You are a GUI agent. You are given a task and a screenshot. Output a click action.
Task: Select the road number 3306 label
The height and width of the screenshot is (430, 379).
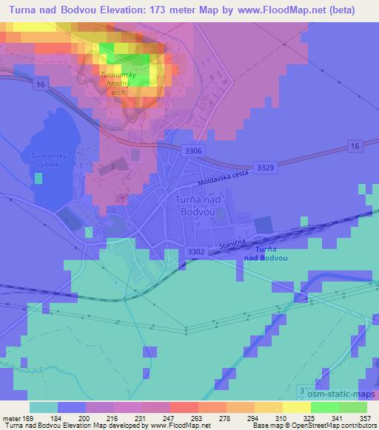pyautogui.click(x=194, y=151)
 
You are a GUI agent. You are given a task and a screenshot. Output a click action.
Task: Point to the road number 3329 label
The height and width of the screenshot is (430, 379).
pyautogui.click(x=265, y=168)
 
